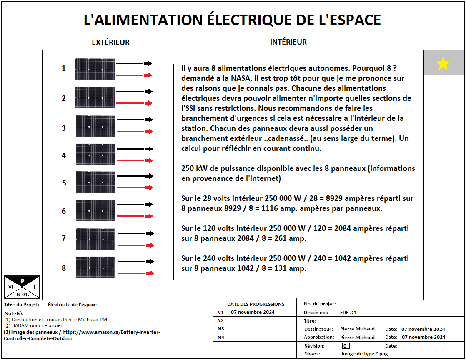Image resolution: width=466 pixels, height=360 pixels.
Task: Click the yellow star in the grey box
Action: coord(443,64)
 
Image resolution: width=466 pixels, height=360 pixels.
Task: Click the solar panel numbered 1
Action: coord(95,69)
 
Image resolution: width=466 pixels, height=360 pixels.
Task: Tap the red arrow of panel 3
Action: coord(134,132)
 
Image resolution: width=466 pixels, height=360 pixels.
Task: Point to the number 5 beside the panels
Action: coord(64,182)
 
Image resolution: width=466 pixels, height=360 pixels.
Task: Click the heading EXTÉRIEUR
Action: coord(110,42)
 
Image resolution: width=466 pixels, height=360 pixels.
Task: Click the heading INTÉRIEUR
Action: coord(288,42)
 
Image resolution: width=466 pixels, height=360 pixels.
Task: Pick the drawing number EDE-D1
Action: coord(348,312)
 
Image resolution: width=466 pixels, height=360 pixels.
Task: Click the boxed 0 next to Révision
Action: coord(346,345)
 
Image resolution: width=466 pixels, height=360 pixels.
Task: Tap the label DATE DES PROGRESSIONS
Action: coord(256,304)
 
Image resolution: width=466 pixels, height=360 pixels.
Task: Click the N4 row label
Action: coord(221,337)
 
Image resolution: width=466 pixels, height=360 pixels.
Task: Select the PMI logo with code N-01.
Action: coord(22,287)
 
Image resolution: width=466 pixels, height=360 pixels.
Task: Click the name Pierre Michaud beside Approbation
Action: coord(357,337)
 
